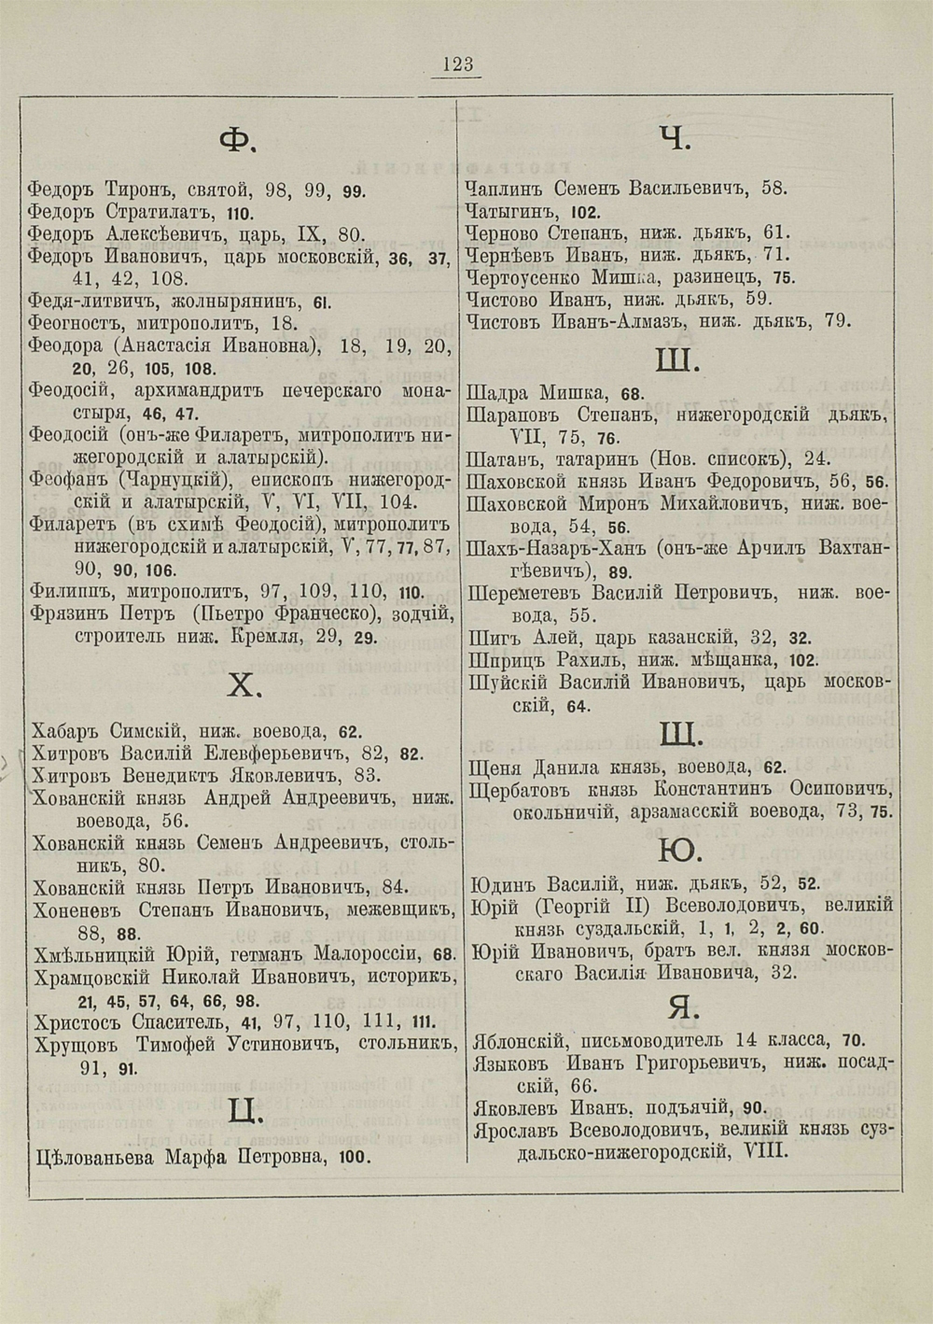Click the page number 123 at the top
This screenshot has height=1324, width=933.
(458, 64)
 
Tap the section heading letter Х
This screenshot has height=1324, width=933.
(240, 687)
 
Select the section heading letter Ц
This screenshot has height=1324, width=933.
(244, 1110)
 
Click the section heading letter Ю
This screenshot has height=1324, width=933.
(680, 851)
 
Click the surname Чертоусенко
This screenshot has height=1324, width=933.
(524, 277)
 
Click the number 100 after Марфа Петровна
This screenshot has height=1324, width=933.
(355, 1159)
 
